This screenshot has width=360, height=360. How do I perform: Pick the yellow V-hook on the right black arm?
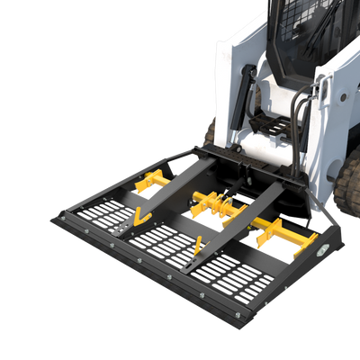pyautogui.click(x=197, y=246)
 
